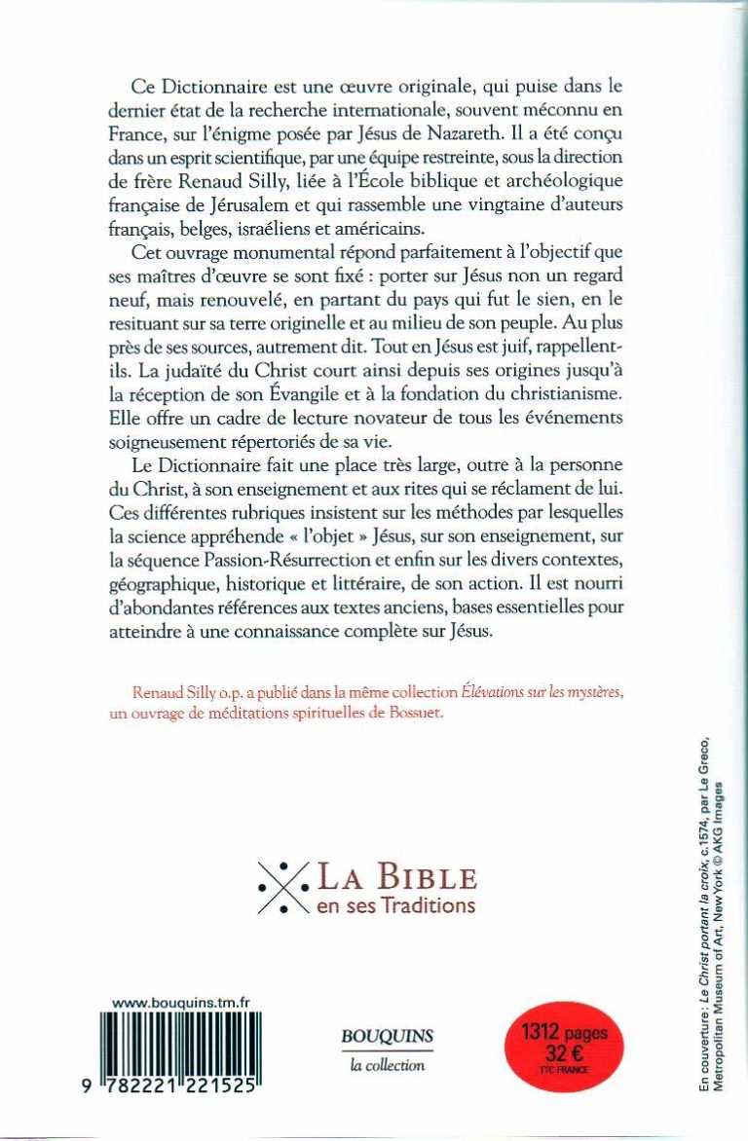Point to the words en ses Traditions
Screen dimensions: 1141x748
click(396, 904)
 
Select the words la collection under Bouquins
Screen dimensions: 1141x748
click(387, 1065)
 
